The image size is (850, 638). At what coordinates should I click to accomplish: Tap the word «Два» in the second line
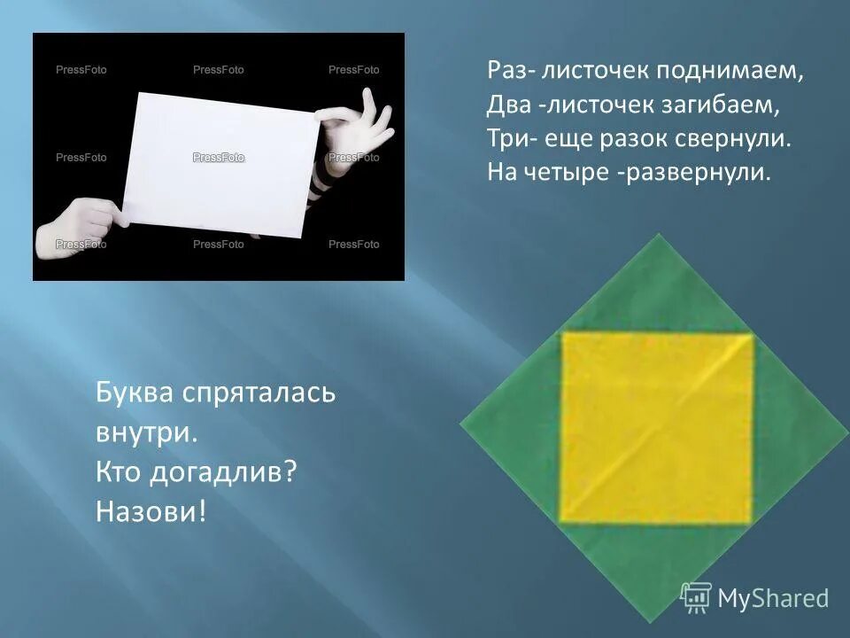507,106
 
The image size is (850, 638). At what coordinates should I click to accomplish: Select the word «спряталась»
258,393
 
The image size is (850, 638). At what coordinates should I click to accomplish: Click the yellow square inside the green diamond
657,426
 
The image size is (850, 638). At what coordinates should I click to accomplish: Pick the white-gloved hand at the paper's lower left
75,229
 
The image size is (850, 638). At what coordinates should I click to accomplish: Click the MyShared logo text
772,598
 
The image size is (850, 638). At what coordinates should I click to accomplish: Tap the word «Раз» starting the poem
504,74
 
